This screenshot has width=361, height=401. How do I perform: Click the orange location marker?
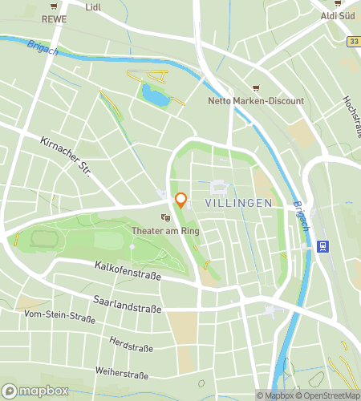click(181, 200)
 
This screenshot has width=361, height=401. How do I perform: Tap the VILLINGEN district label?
click(238, 204)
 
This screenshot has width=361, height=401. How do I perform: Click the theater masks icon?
click(165, 217)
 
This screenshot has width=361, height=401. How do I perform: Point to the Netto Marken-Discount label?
click(256, 101)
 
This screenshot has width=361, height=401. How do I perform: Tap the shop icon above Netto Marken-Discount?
click(256, 87)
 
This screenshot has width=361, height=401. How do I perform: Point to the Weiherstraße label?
click(121, 374)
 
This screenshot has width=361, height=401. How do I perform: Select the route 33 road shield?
click(353, 40)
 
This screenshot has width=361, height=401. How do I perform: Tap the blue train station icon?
click(322, 246)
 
